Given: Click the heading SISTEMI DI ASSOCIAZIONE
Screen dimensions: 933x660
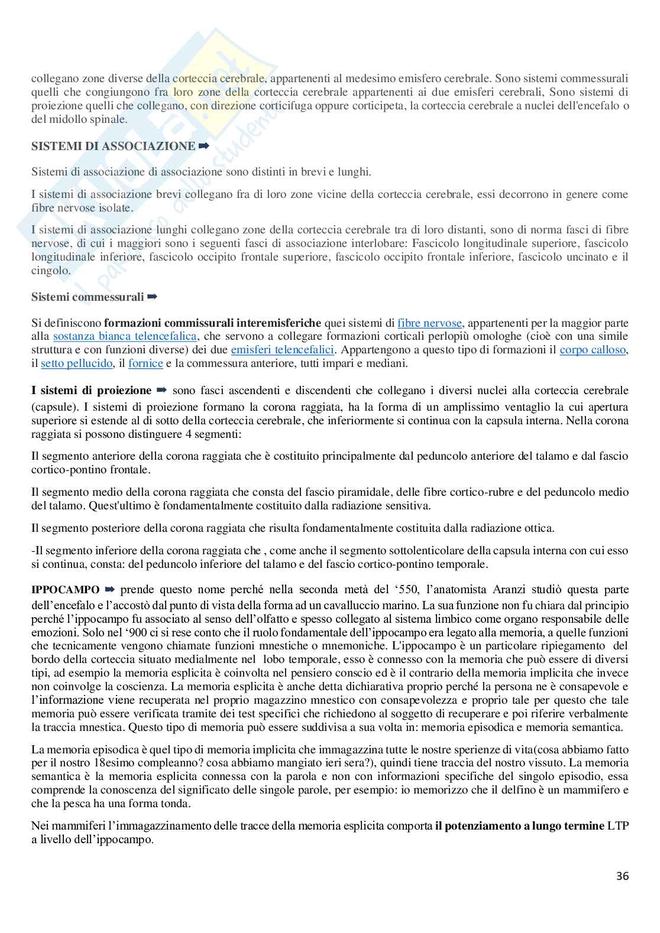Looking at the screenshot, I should click(113, 146).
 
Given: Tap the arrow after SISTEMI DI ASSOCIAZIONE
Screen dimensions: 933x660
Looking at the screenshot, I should click(204, 145).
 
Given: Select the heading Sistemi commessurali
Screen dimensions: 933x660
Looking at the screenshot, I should click(88, 297).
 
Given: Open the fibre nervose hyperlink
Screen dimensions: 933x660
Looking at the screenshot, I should click(429, 323).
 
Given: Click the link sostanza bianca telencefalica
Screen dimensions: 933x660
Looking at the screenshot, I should click(125, 336).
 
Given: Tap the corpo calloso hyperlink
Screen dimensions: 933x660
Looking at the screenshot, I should click(593, 349).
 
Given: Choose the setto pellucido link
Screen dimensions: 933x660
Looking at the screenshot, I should click(76, 363).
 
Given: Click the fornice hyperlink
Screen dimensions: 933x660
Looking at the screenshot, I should click(145, 363).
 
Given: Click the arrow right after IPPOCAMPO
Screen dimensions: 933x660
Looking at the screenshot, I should click(109, 590).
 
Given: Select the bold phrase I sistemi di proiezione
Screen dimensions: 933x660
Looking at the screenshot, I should click(92, 391).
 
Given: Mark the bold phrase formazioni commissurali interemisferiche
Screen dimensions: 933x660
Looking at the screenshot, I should click(212, 323).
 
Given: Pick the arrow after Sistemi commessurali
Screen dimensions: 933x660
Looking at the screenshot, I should click(153, 296).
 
